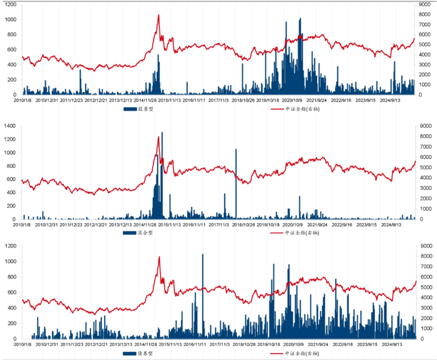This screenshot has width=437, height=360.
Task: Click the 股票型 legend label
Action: (x=146, y=109)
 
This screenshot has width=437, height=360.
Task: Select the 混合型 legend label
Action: (x=145, y=233)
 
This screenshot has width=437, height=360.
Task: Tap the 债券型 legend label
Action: (x=145, y=353)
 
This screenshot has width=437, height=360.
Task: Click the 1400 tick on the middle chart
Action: (x=10, y=126)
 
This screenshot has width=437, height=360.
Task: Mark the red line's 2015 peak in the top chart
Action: (x=159, y=15)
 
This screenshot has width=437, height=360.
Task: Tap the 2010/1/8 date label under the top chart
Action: (x=22, y=100)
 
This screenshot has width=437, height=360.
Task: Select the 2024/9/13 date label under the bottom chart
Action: (x=391, y=344)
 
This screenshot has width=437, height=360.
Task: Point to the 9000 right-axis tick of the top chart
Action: (x=425, y=4)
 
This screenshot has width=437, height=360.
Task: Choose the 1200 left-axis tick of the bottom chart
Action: (x=10, y=246)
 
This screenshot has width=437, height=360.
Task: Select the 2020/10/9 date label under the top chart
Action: (x=292, y=100)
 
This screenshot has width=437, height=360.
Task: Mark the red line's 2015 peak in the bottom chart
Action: (x=159, y=257)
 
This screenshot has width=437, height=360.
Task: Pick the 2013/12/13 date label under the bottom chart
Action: (x=121, y=344)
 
